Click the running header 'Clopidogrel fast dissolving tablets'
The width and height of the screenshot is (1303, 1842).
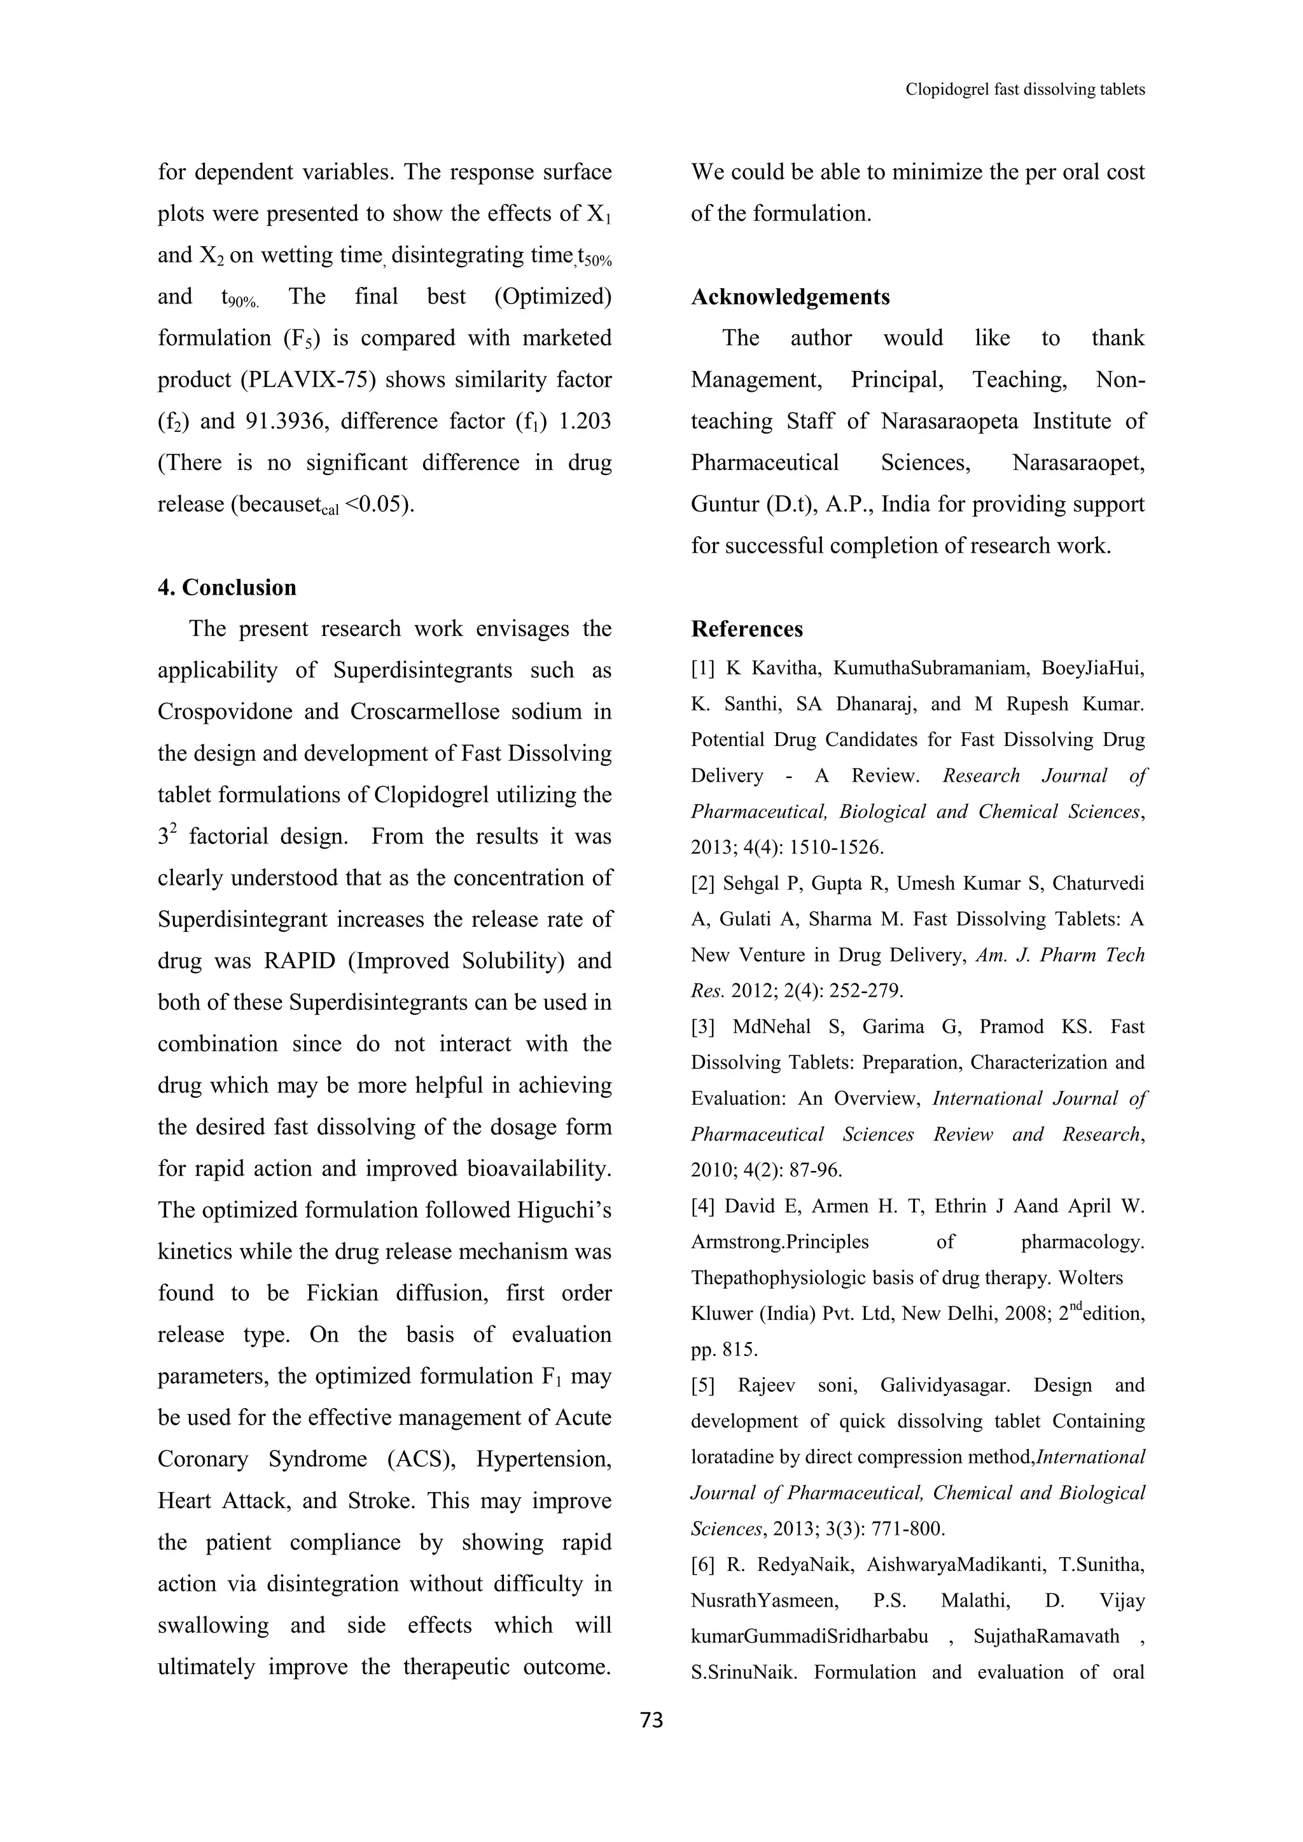tap(1024, 89)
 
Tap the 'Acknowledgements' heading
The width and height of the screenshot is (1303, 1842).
tap(790, 297)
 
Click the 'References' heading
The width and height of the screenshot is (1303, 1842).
tap(747, 629)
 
